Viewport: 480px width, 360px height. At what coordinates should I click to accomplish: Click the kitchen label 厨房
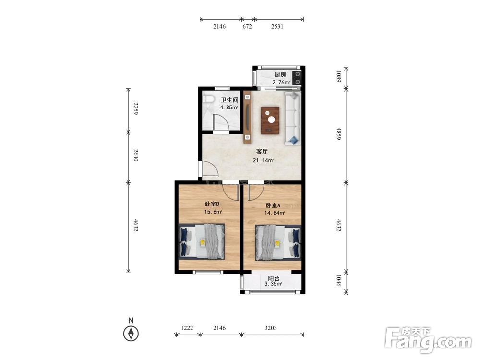[280, 75]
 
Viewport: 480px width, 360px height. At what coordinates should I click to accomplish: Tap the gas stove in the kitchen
[297, 78]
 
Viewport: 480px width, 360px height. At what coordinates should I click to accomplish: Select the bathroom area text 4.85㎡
[229, 108]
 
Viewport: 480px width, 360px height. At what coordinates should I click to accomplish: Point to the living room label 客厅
[262, 152]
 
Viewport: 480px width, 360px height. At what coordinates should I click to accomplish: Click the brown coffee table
[270, 120]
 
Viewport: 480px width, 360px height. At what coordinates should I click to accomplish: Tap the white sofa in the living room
[293, 118]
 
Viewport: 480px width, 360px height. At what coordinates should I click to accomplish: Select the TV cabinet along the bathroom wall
[247, 117]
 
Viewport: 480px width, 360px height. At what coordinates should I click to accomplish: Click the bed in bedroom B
[202, 242]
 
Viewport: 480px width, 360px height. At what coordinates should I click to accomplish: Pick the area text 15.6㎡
[213, 212]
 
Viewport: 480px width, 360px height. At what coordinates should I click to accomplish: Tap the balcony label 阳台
[274, 278]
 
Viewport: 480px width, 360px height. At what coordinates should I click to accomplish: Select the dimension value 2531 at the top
[277, 26]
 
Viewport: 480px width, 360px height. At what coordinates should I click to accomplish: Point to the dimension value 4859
[338, 134]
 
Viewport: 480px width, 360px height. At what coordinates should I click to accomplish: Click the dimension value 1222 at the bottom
[187, 328]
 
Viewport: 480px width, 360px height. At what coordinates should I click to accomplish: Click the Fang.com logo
[428, 340]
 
